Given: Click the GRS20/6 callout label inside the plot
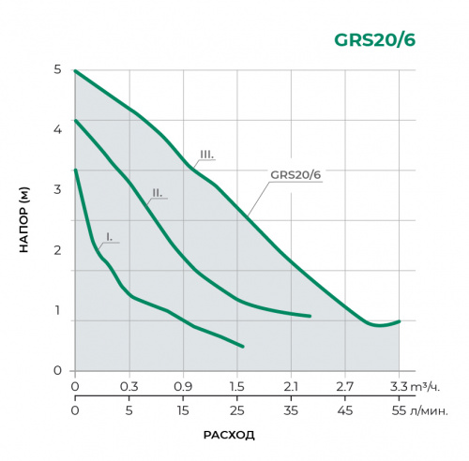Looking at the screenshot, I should click(295, 173).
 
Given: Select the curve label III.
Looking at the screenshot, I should click(207, 154).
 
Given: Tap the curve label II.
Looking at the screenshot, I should click(158, 192).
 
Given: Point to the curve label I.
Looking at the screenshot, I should click(109, 237).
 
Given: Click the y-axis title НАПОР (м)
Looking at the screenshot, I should click(24, 220).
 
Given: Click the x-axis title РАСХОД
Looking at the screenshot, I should click(229, 435).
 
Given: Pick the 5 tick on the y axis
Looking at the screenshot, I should click(58, 69).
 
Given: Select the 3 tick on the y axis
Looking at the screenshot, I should click(58, 189).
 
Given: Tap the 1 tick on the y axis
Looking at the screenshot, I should click(58, 310).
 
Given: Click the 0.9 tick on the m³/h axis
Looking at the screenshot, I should click(183, 385).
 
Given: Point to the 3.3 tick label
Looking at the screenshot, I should click(399, 385).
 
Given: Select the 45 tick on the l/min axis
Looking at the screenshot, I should click(345, 409).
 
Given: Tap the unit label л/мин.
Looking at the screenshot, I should click(430, 409).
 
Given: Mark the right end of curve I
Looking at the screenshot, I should click(243, 346).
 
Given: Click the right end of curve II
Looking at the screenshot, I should click(310, 317).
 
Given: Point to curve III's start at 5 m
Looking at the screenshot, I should click(76, 70).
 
